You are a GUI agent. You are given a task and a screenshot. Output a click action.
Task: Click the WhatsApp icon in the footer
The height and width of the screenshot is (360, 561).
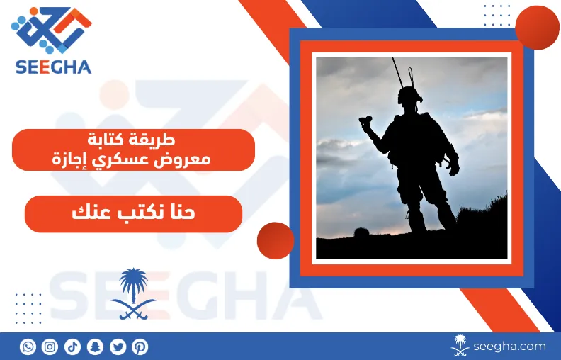28,347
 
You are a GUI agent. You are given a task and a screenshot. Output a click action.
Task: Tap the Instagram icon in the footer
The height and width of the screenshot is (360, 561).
50,347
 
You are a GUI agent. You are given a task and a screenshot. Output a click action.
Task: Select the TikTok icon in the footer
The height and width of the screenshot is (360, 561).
73,347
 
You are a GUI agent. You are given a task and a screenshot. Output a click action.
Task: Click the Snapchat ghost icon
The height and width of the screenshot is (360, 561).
95,347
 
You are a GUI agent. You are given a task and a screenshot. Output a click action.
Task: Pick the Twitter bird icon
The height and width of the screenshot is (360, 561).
118,347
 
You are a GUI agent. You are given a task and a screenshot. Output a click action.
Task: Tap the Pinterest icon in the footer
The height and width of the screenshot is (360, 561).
140,347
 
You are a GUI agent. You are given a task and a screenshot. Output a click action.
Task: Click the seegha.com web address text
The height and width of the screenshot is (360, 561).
509,347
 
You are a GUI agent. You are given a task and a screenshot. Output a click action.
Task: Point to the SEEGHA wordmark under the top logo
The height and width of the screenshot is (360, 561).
54,67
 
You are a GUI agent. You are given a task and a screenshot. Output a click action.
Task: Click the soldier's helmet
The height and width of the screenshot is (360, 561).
409,95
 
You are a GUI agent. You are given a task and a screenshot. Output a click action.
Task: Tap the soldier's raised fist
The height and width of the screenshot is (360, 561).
365,122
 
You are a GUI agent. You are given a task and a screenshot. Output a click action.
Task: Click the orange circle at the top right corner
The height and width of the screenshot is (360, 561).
537,28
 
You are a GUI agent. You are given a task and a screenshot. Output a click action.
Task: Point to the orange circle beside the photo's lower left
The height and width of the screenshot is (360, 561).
276,240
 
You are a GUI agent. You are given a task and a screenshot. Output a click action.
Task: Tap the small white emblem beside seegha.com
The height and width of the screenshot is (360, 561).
460,345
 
